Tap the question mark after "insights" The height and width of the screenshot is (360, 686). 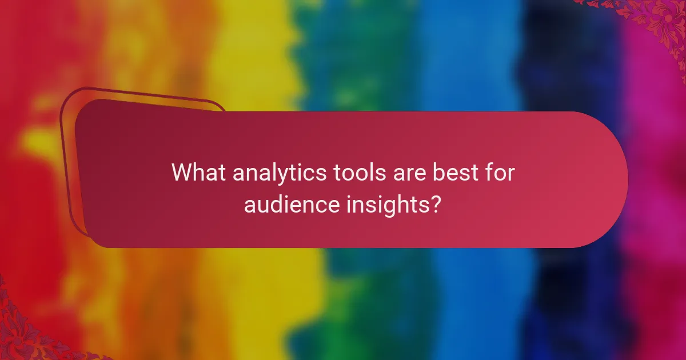click(x=435, y=204)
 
